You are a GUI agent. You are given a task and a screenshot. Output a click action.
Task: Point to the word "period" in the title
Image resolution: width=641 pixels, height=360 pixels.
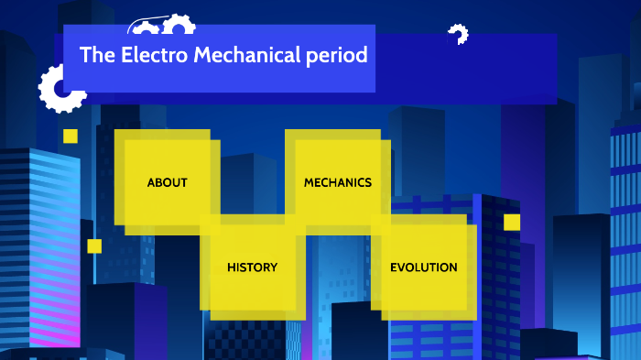(335, 56)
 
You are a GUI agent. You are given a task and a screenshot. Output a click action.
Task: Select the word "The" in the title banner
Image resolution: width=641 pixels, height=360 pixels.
(96, 55)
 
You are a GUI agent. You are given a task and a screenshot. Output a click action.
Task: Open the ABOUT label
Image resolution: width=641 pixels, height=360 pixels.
(167, 182)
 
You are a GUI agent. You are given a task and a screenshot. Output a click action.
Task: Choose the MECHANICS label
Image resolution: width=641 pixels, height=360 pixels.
(338, 182)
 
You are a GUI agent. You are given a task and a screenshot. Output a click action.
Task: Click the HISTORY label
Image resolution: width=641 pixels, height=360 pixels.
(252, 267)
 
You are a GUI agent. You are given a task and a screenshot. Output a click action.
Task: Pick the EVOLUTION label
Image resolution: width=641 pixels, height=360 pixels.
(423, 267)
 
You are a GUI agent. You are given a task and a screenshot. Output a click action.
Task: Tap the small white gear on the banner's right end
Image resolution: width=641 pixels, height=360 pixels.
(457, 35)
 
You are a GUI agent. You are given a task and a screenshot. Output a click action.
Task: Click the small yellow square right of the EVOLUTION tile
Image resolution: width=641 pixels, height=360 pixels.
(512, 222)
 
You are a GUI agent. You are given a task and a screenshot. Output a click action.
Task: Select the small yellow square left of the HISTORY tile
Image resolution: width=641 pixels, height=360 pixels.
(94, 245)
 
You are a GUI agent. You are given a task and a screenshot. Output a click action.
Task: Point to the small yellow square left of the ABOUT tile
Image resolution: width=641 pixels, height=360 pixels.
(71, 136)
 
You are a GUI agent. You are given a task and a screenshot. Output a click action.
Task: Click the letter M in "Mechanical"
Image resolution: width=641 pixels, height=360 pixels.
(200, 55)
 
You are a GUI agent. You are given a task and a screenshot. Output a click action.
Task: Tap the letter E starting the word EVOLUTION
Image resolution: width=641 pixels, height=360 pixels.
(394, 267)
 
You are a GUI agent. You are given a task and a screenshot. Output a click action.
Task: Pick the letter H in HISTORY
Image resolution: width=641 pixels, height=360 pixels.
(232, 267)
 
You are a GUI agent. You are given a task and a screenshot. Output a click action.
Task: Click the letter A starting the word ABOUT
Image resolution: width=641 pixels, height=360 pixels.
(151, 182)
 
